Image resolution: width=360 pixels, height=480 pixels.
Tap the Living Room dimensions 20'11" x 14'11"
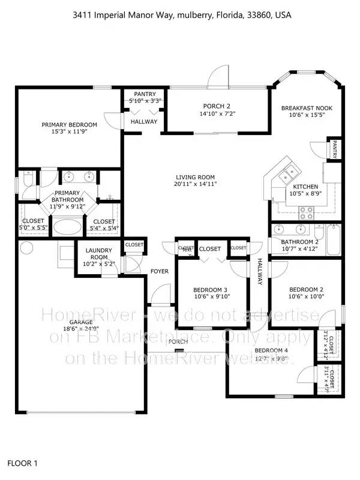click(x=196, y=184)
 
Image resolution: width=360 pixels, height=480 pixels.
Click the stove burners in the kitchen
click(x=306, y=211)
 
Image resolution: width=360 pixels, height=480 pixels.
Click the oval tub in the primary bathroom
click(x=70, y=227)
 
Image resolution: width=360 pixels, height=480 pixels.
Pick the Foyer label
click(x=160, y=271)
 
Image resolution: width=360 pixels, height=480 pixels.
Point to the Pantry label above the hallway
click(x=145, y=94)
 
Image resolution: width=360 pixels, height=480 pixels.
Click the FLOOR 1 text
click(x=22, y=463)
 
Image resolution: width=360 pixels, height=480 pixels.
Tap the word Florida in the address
click(x=228, y=14)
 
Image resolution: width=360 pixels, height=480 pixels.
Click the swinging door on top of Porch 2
click(x=218, y=79)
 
